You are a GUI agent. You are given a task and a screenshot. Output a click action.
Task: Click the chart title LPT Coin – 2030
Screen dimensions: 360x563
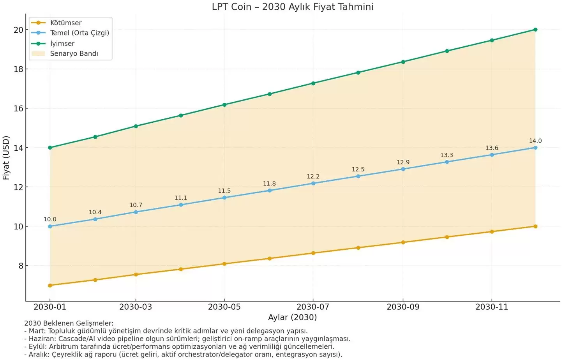pos(292,7)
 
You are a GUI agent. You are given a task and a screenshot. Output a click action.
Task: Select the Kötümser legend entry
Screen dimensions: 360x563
pos(65,23)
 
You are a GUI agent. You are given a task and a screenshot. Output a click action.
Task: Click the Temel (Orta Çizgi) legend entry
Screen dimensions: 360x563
pos(79,33)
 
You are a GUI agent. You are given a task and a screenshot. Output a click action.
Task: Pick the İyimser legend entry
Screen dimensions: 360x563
pos(62,44)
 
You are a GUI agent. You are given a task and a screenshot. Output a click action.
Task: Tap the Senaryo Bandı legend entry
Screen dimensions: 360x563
pos(74,54)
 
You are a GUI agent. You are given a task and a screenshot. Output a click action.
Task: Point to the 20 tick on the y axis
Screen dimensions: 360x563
pos(18,30)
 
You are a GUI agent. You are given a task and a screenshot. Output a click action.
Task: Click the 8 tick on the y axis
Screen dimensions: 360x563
pos(21,266)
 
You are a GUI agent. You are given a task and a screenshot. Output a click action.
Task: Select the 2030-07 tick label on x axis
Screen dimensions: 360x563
pos(313,307)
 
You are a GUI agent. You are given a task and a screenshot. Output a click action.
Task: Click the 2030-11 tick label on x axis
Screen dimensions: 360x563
pos(492,307)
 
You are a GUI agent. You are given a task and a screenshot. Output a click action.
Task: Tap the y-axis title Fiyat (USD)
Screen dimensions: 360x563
pos(6,158)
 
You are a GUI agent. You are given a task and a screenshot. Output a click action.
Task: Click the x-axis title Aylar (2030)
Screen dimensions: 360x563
pos(292,318)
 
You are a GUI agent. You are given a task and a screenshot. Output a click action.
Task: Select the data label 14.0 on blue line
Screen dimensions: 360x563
pos(535,141)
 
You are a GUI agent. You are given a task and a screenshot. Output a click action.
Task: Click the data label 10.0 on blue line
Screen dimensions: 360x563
pos(50,220)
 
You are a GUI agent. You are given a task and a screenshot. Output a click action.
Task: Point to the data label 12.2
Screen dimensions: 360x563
pos(313,177)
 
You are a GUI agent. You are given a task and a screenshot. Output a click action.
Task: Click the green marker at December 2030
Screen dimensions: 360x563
pos(535,30)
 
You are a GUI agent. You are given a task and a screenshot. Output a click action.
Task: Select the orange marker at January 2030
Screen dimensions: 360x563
pos(50,286)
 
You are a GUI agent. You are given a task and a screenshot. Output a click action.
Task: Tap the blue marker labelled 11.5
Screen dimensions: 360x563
pos(224,198)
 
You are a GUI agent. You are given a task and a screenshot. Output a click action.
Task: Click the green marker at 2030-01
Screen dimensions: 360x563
pos(50,148)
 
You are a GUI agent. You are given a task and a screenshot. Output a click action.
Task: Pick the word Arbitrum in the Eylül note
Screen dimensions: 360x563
pos(64,347)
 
